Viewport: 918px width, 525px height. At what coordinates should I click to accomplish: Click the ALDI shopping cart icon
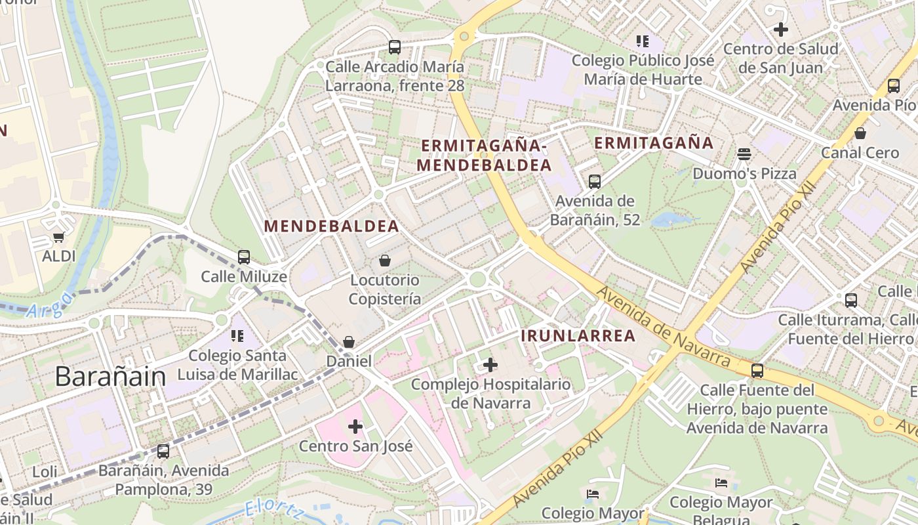59,238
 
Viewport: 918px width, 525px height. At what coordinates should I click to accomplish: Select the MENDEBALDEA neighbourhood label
331,226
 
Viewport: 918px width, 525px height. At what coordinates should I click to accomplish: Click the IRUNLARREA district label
578,336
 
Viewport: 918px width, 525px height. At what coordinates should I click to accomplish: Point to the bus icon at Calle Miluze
244,257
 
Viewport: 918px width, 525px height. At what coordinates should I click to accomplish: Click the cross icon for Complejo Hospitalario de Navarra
490,365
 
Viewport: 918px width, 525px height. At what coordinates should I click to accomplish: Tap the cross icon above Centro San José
355,427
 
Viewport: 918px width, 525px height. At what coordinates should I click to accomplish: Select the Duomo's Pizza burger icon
744,154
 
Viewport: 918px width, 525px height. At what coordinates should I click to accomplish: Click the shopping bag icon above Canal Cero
860,134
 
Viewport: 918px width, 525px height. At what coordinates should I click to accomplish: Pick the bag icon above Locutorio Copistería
384,261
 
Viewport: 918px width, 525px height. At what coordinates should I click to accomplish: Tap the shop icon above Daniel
349,343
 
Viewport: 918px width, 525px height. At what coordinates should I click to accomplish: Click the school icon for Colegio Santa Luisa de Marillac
237,337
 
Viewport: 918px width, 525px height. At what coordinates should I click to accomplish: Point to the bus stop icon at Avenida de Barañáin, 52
595,182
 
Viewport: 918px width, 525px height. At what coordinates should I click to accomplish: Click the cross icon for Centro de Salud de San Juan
780,30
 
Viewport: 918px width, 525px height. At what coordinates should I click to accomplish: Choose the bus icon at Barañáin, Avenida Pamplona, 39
163,451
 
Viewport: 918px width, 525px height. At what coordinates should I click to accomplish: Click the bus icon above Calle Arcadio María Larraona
394,47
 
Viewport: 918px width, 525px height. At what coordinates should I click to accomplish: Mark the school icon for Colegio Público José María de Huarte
643,42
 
